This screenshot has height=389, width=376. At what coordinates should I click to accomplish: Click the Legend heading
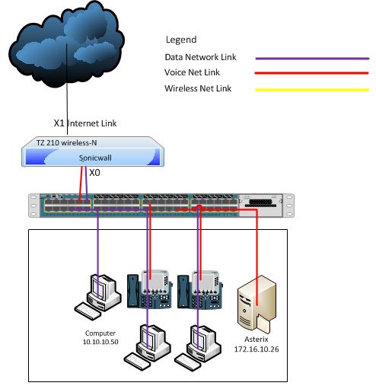pyautogui.click(x=181, y=40)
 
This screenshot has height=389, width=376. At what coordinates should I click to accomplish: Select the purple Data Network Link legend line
pyautogui.click(x=312, y=59)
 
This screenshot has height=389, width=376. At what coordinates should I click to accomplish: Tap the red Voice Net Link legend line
pyautogui.click(x=311, y=73)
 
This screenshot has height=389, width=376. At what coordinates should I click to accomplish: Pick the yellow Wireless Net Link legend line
pyautogui.click(x=312, y=90)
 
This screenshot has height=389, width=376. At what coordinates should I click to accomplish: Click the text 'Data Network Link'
pyautogui.click(x=200, y=57)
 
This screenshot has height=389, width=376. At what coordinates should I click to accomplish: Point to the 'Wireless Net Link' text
pyautogui.click(x=198, y=88)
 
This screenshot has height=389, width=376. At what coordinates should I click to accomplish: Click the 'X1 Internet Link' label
pyautogui.click(x=85, y=123)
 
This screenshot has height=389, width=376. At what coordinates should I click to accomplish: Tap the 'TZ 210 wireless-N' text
pyautogui.click(x=66, y=143)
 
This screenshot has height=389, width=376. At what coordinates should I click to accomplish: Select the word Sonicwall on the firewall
pyautogui.click(x=95, y=158)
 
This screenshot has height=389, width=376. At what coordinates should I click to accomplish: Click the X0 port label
pyautogui.click(x=94, y=173)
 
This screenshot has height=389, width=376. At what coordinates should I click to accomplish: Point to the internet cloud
pyautogui.click(x=66, y=44)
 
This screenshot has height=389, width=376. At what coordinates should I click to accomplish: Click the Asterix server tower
pyautogui.click(x=257, y=304)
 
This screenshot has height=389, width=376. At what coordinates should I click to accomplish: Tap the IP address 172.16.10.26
pyautogui.click(x=257, y=349)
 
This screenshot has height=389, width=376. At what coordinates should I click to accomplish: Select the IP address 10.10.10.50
pyautogui.click(x=100, y=342)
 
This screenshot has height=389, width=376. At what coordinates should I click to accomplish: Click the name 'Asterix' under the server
pyautogui.click(x=257, y=340)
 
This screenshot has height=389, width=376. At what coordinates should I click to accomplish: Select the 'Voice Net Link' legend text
pyautogui.click(x=192, y=72)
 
